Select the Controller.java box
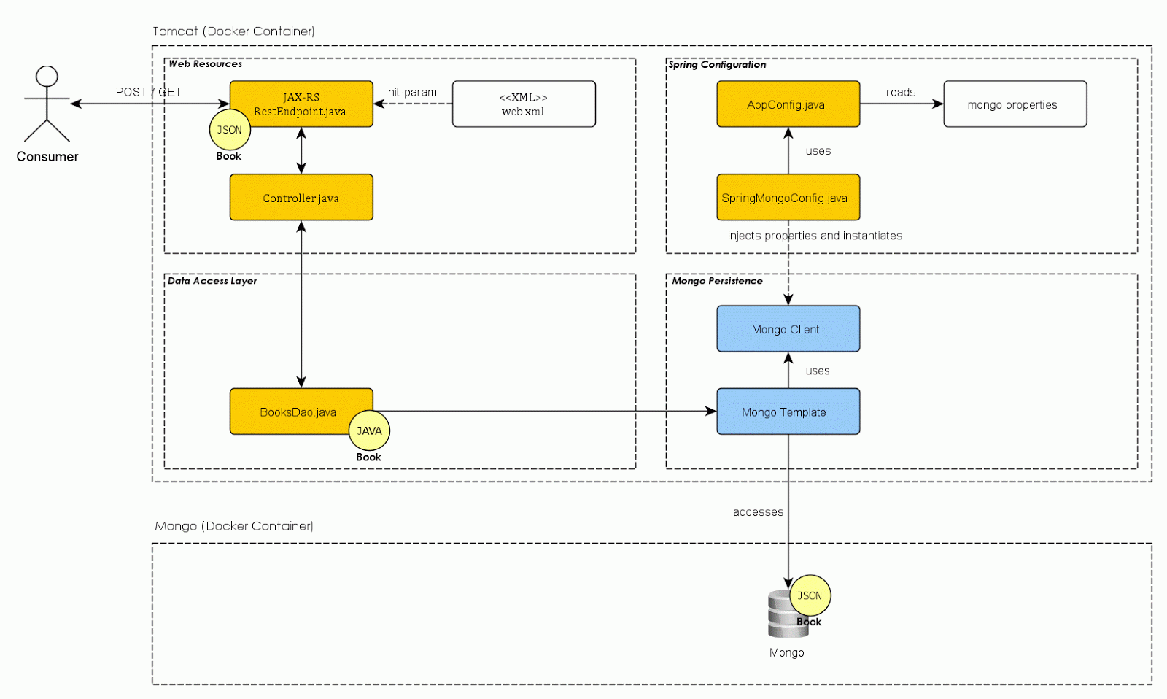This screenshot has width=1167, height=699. click(301, 197)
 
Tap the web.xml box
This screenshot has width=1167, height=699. click(524, 104)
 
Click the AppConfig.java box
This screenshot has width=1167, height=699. click(788, 104)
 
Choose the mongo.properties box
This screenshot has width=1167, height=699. click(1015, 104)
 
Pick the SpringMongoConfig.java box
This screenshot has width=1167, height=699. click(788, 197)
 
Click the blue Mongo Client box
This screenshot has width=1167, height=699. click(788, 328)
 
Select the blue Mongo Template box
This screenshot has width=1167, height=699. click(788, 412)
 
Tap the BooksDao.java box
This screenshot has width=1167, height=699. click(292, 412)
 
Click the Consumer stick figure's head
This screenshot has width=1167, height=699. click(47, 77)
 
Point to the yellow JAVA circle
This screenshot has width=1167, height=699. click(369, 430)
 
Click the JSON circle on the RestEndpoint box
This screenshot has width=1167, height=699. click(230, 130)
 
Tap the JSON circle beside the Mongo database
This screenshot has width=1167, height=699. click(810, 595)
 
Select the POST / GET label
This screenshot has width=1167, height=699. click(148, 92)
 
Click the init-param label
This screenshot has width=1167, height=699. click(411, 92)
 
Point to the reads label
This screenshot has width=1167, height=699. click(901, 92)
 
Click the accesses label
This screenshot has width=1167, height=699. click(758, 512)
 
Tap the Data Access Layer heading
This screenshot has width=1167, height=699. click(212, 281)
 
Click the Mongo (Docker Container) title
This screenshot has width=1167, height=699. click(234, 526)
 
